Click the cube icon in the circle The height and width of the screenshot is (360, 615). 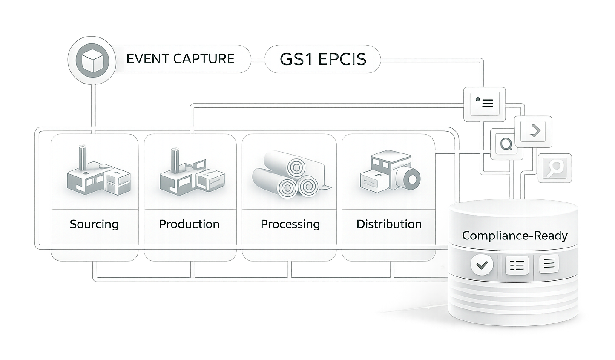(x=92, y=60)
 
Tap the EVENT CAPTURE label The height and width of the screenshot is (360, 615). (x=181, y=59)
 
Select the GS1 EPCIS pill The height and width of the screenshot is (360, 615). (x=323, y=59)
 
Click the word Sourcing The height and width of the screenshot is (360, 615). (x=94, y=224)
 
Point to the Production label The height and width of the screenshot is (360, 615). (x=189, y=224)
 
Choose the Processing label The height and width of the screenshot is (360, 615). (x=290, y=224)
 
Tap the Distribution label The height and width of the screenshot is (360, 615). (x=389, y=224)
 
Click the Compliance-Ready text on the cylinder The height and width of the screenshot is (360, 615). (x=515, y=236)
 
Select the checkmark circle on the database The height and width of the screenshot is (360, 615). (x=482, y=265)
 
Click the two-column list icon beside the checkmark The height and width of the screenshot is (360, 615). (x=517, y=265)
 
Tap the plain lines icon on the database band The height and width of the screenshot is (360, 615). (x=549, y=264)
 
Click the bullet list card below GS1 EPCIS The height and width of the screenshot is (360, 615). (x=484, y=104)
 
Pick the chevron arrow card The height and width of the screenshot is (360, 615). (x=533, y=132)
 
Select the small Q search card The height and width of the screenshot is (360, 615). (x=506, y=144)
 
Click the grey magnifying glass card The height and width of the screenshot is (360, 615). (x=555, y=168)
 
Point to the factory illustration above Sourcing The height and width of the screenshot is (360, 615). (x=98, y=170)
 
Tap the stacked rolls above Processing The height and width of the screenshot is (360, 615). (x=291, y=174)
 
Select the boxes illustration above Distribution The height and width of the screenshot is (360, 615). (x=390, y=171)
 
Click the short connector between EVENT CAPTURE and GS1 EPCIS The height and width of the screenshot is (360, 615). (x=258, y=59)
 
